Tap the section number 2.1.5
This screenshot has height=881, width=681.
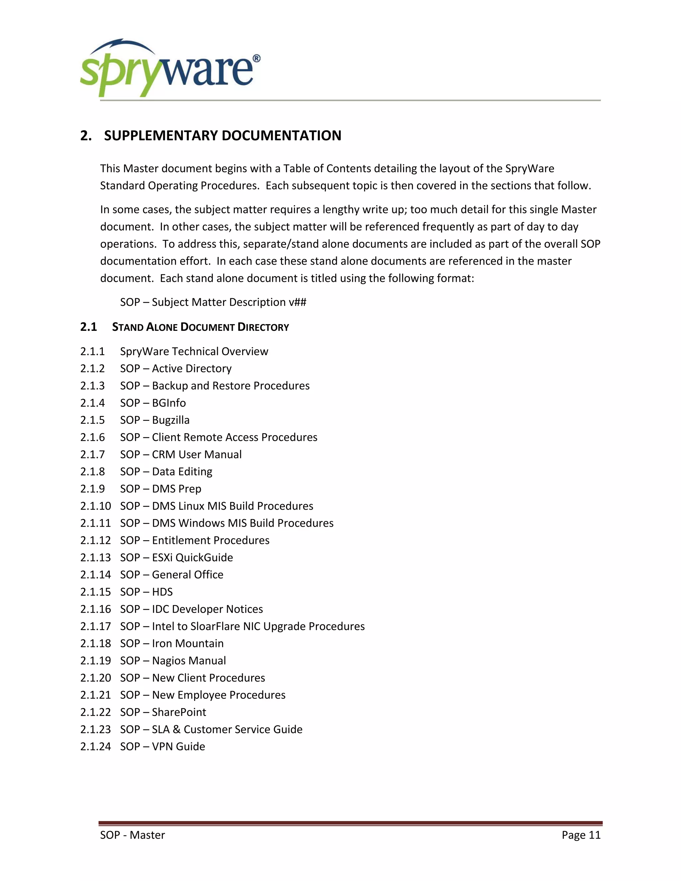pyautogui.click(x=92, y=420)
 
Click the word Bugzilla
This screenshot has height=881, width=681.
pyautogui.click(x=171, y=420)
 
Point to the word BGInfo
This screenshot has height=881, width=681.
pyautogui.click(x=169, y=403)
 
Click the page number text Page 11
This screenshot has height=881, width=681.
pyautogui.click(x=581, y=834)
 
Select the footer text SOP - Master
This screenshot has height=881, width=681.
pyautogui.click(x=132, y=834)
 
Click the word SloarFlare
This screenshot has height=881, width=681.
pyautogui.click(x=214, y=626)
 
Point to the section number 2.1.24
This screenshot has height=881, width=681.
pyautogui.click(x=95, y=746)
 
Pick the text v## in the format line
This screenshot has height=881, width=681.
pyautogui.click(x=297, y=302)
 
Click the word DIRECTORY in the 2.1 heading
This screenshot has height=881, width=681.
pyautogui.click(x=263, y=327)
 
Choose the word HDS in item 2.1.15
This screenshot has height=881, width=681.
pyautogui.click(x=162, y=592)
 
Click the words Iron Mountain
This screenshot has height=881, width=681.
pyautogui.click(x=188, y=643)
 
